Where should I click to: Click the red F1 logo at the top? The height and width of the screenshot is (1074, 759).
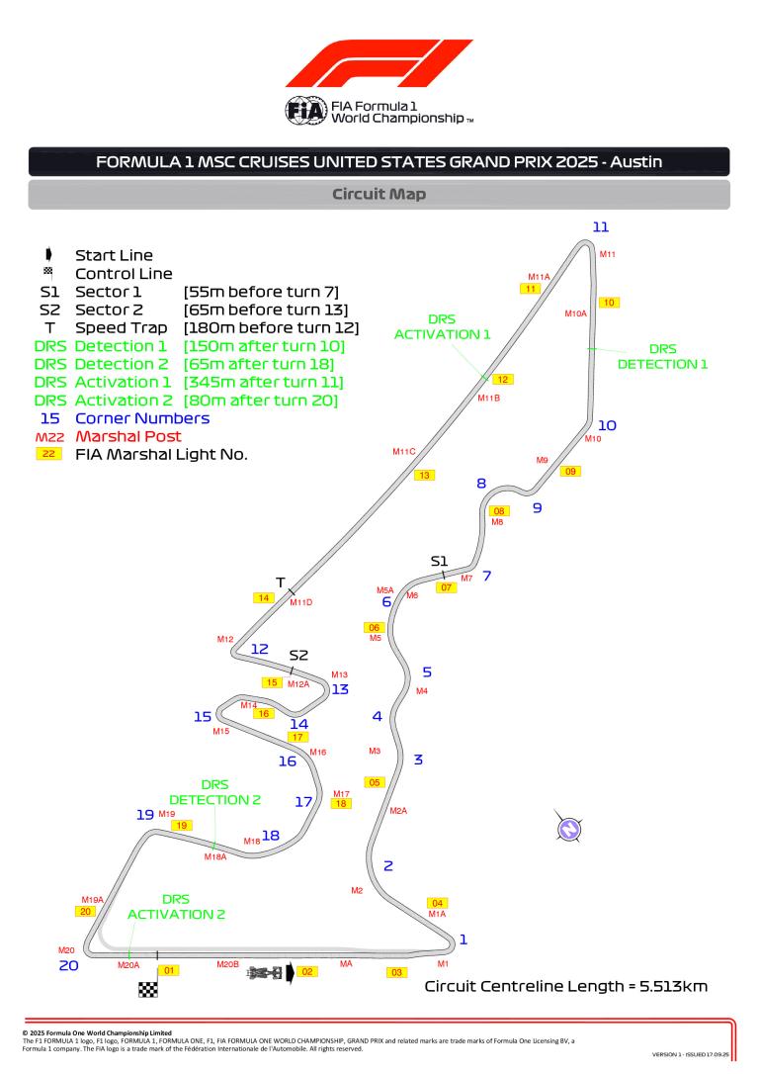379,63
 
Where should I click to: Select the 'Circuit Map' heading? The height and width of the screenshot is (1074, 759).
379,194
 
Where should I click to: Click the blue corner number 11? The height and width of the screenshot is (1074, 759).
601,227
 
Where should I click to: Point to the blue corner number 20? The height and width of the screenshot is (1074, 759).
68,965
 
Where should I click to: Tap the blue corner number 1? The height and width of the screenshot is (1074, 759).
463,940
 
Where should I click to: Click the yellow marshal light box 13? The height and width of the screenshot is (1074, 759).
424,476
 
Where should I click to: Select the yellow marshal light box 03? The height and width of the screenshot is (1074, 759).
396,972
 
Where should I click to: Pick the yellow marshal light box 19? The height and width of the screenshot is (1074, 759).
180,825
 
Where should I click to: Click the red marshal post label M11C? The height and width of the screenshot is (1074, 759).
404,452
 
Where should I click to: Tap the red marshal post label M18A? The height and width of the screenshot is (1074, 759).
215,856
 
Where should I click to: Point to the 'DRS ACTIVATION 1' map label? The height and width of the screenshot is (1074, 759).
443,327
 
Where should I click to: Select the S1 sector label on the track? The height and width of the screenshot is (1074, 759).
439,562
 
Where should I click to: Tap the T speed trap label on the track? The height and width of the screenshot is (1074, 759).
280,582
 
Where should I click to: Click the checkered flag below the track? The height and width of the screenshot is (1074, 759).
148,988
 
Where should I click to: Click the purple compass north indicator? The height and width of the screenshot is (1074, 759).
568,829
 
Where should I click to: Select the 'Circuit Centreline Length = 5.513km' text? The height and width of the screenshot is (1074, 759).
565,987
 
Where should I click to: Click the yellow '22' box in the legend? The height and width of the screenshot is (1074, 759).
47,454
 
